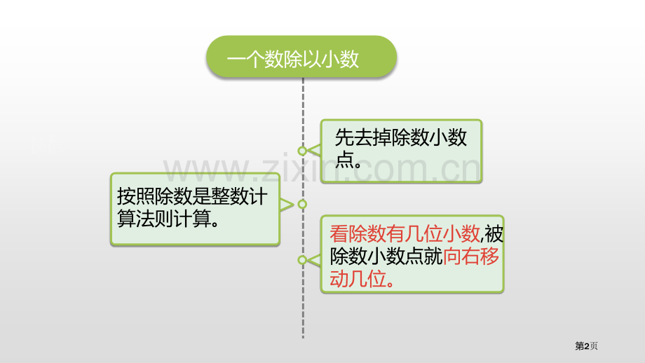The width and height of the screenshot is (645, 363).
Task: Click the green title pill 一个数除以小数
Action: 301,56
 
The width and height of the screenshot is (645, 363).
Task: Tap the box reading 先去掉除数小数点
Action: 401,151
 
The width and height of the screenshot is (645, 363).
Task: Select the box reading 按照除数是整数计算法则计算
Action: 195,209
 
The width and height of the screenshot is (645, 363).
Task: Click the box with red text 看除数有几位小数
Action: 412,254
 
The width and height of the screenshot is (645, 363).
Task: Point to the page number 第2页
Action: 586,345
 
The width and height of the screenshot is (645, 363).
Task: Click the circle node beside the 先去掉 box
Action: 302,151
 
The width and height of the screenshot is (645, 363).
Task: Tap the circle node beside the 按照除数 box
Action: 302,204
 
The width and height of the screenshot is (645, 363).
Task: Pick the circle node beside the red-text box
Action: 302,260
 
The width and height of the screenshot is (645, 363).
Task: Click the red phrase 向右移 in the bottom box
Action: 471,256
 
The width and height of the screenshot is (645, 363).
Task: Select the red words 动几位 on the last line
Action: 358,279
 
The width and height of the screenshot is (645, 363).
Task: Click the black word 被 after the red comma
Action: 494,234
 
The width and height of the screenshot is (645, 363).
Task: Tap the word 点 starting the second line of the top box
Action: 344,159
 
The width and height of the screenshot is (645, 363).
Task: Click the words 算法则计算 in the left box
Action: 164,219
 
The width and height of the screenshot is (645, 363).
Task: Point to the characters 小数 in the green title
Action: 340,59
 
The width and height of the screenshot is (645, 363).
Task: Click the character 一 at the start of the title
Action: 236,59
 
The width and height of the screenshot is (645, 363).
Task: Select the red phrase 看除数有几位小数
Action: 405,234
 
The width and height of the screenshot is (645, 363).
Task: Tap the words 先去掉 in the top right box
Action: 363,137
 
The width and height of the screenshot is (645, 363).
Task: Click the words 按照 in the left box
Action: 136,196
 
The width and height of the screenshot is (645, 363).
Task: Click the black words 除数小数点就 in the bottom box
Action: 386,256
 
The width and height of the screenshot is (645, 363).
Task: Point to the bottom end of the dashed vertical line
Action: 303,338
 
